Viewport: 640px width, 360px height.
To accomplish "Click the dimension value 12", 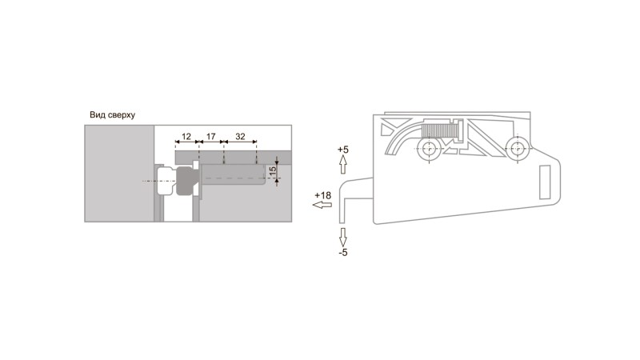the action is [x=186, y=136].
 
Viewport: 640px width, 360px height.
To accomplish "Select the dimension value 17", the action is [x=210, y=136].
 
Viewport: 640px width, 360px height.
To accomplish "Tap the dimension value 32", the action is [x=241, y=136].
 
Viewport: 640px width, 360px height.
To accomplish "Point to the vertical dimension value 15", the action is [x=273, y=170].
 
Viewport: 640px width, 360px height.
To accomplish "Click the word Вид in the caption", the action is [x=97, y=114].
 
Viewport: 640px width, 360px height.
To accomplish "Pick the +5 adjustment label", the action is [x=343, y=150].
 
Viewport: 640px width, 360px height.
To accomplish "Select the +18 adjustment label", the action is [x=323, y=195].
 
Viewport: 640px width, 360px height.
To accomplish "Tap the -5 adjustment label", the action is [x=343, y=253].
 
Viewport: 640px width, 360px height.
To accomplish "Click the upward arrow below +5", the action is [x=343, y=165].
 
